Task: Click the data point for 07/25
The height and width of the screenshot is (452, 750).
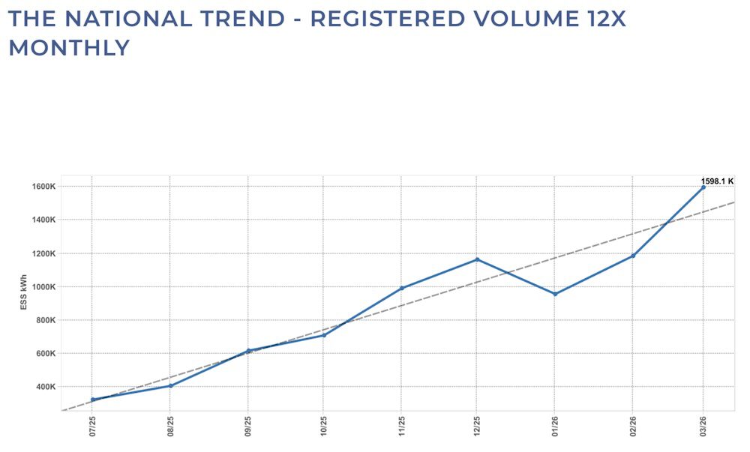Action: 92,400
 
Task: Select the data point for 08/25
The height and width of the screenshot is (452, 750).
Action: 170,385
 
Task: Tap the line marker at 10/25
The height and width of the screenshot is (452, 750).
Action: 324,335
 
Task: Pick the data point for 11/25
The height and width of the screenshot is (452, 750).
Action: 401,288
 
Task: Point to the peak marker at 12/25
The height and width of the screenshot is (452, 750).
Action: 477,259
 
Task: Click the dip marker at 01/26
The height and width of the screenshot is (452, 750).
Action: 555,294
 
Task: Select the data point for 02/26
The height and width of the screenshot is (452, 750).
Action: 633,256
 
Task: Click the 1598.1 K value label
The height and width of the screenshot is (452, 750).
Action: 717,181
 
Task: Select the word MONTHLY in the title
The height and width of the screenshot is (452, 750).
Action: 69,48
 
